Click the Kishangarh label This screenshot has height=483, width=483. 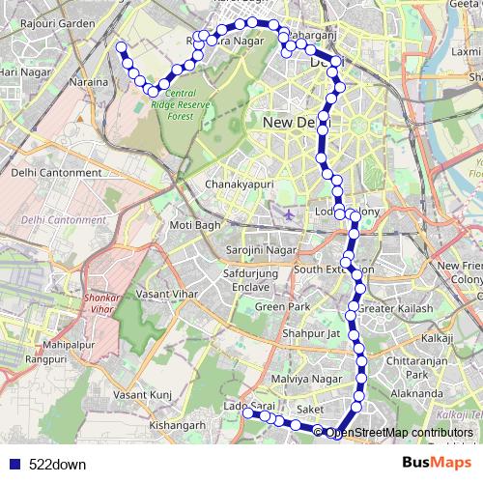tap(179, 424)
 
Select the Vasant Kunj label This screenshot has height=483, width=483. tap(142, 395)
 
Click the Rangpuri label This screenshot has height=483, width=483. tap(46, 359)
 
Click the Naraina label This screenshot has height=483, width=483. tap(89, 84)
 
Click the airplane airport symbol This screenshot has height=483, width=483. tap(289, 213)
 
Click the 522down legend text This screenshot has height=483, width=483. tap(57, 465)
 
